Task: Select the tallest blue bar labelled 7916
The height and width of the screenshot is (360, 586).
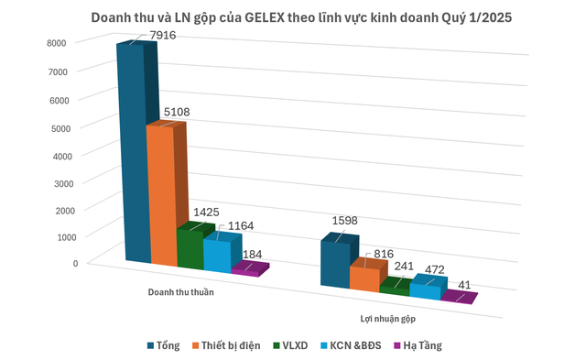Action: (x=129, y=156)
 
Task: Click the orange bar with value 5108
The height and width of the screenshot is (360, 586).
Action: (x=160, y=197)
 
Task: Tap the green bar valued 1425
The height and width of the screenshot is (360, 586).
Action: (x=190, y=247)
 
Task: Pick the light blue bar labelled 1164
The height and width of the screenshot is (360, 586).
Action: (x=217, y=255)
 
